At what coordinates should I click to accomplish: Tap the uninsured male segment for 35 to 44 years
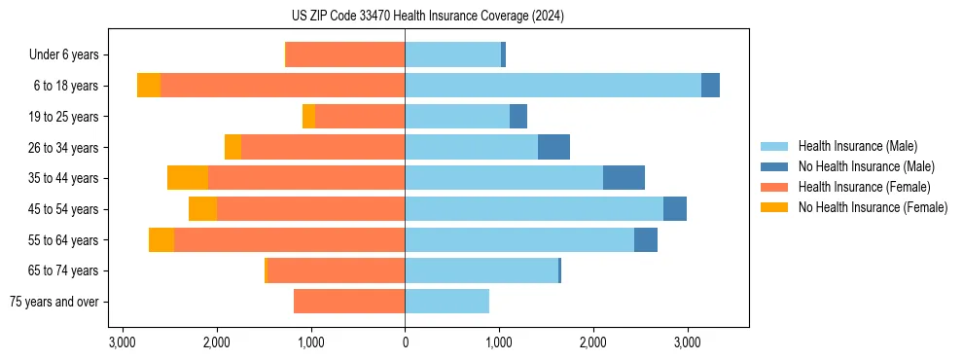tap(624, 178)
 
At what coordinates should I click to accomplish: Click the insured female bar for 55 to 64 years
tap(289, 239)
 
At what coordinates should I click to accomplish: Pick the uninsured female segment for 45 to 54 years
tap(202, 209)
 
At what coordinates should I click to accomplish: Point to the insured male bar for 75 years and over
tap(446, 302)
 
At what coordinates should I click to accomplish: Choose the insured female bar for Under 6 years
tap(345, 54)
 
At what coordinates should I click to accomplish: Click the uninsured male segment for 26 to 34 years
tap(553, 147)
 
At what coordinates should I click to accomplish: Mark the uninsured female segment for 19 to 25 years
tap(308, 117)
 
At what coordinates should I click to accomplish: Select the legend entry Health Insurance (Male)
tap(857, 146)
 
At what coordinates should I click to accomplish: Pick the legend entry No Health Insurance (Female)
tap(873, 207)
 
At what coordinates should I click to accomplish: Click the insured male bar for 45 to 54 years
tap(534, 209)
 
